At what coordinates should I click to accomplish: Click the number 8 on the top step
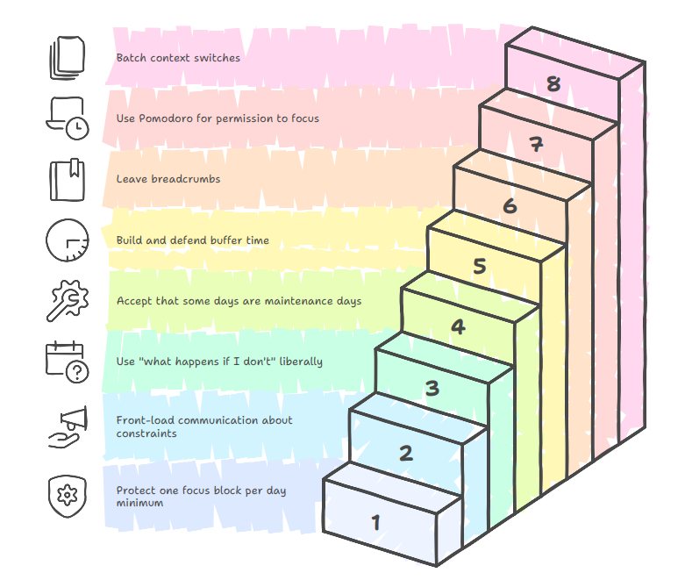tap(553, 84)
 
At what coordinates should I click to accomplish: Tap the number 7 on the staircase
tap(536, 146)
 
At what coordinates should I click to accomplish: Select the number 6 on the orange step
tap(510, 206)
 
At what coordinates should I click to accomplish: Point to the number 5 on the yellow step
tap(479, 267)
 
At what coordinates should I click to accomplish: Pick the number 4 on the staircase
tap(458, 327)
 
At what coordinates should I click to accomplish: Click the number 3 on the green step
tap(432, 388)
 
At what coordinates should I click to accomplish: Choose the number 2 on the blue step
tap(405, 454)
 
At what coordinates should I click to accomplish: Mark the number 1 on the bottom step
tap(376, 523)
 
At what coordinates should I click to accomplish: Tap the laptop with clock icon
tap(68, 118)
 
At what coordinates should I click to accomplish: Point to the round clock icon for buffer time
tap(68, 240)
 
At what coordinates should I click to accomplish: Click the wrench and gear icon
tap(68, 301)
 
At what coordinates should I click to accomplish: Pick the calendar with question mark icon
tap(68, 362)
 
